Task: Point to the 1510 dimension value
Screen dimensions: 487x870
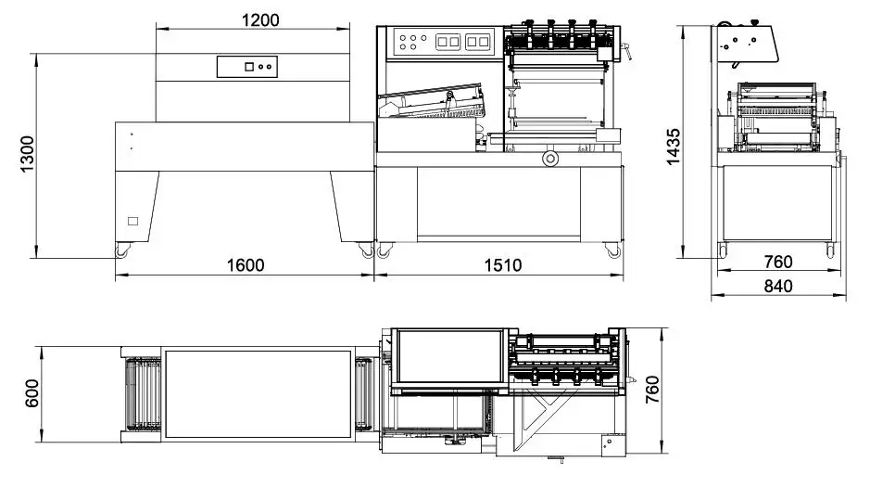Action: [x=501, y=265]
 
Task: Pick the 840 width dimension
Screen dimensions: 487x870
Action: [x=778, y=287]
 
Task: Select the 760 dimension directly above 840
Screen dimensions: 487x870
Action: [x=778, y=262]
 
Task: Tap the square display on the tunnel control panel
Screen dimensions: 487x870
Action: [x=249, y=66]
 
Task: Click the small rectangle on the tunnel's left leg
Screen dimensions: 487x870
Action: [x=132, y=221]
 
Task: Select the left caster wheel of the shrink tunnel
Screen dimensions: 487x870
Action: [x=122, y=249]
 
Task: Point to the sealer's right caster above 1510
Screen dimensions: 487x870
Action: [x=612, y=249]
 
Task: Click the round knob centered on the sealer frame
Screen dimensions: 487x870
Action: [x=551, y=160]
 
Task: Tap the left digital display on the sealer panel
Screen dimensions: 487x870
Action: [x=448, y=42]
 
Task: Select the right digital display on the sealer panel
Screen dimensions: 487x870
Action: [x=477, y=42]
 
